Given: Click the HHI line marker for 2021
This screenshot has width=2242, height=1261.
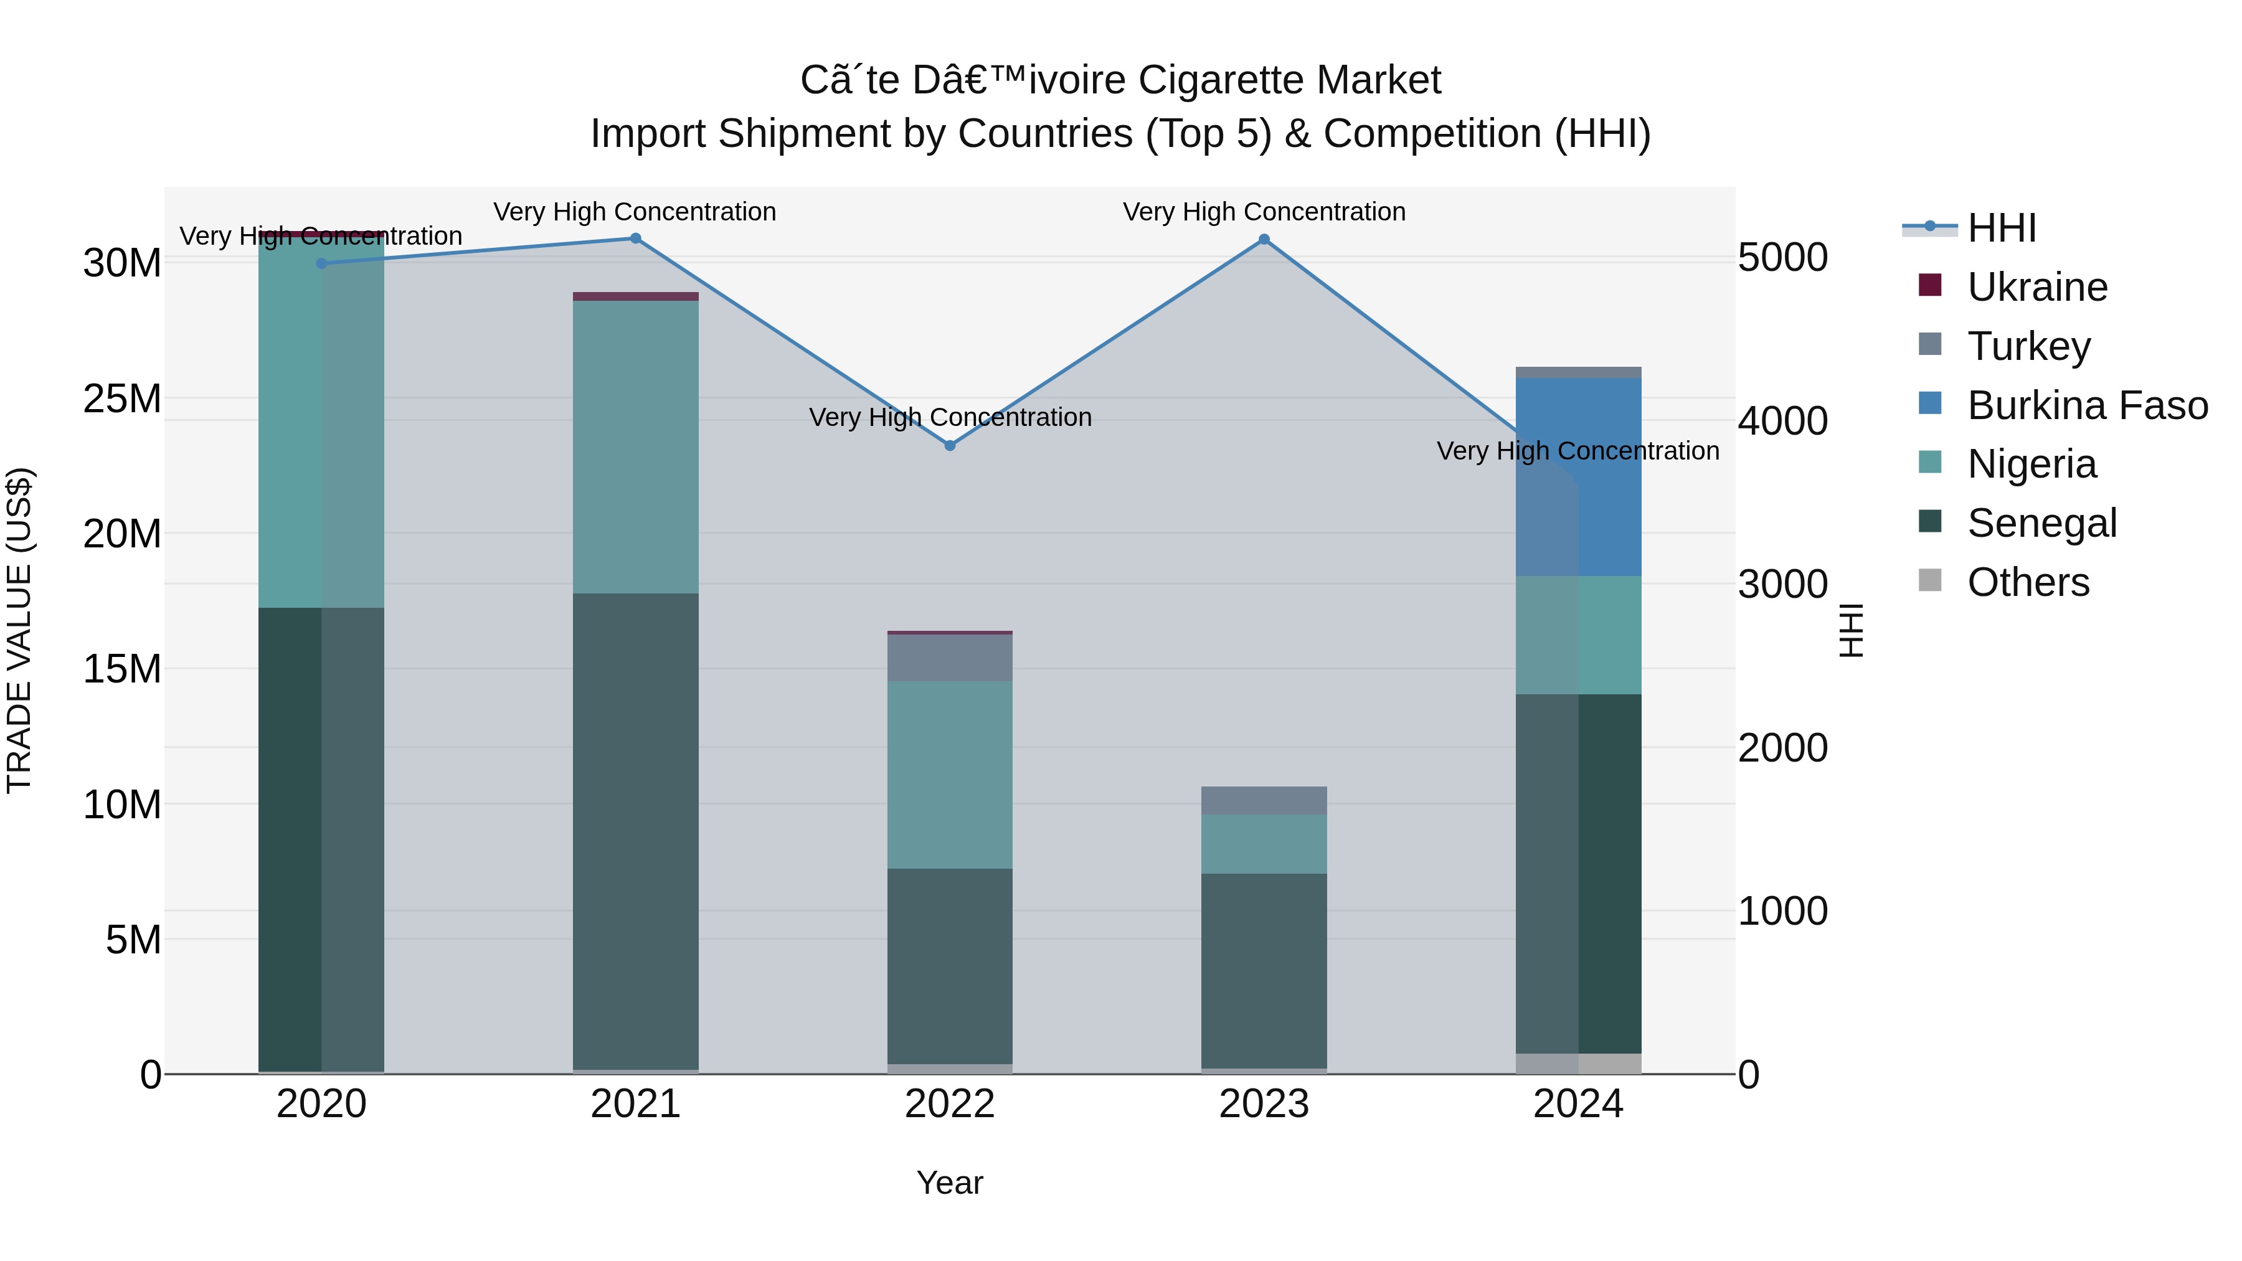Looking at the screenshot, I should pyautogui.click(x=635, y=239).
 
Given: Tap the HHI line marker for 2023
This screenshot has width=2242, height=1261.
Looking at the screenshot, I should pyautogui.click(x=1264, y=239).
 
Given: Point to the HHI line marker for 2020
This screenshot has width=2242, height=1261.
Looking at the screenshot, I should pyautogui.click(x=321, y=263).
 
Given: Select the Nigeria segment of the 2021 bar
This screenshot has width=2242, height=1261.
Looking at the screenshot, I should pyautogui.click(x=635, y=447).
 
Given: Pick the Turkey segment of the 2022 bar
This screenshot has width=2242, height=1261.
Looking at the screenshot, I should pyautogui.click(x=950, y=658).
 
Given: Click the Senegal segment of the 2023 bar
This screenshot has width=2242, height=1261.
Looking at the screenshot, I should pyautogui.click(x=1264, y=970).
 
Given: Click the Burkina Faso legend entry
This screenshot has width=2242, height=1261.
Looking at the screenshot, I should pyautogui.click(x=2086, y=405).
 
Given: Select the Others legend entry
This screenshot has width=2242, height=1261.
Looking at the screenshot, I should pyautogui.click(x=2027, y=582).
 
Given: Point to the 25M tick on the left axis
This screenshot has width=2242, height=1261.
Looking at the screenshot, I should pyautogui.click(x=122, y=399).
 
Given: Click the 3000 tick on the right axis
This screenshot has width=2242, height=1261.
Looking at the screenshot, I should pyautogui.click(x=1782, y=585).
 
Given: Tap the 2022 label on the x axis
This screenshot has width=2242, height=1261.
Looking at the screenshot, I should pyautogui.click(x=950, y=1104).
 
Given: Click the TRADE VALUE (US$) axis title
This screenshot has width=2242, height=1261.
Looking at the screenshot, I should pyautogui.click(x=19, y=630).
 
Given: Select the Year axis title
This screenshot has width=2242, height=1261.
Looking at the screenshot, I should pyautogui.click(x=950, y=1183).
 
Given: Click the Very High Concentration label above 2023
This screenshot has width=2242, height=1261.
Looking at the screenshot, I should pyautogui.click(x=1264, y=212).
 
